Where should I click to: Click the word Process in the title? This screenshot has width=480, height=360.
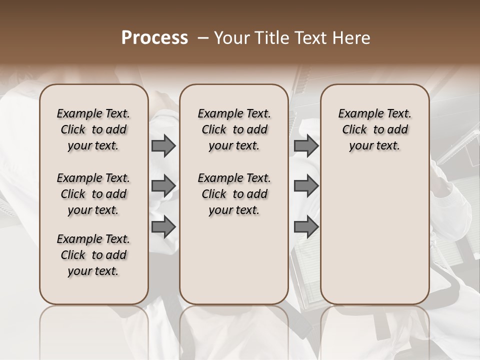[154, 38]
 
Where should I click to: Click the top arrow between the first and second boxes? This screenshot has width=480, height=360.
[163, 145]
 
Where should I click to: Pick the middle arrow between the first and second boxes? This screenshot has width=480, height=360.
[163, 186]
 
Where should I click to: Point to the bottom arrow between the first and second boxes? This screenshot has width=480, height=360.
[163, 227]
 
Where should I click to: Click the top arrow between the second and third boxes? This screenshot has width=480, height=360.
[306, 145]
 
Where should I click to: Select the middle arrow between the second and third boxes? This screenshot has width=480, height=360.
[306, 186]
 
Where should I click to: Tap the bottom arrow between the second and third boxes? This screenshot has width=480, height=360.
[306, 227]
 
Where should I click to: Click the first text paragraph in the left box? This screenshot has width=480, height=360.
[93, 129]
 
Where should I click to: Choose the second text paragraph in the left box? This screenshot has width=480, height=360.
[93, 194]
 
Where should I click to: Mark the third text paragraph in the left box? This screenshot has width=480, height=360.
[93, 255]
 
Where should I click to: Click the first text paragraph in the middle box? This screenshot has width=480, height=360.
[234, 129]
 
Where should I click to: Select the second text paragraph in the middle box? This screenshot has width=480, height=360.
[234, 194]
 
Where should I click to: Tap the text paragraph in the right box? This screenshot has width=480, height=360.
[375, 129]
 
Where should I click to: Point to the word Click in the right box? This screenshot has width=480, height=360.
[354, 129]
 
